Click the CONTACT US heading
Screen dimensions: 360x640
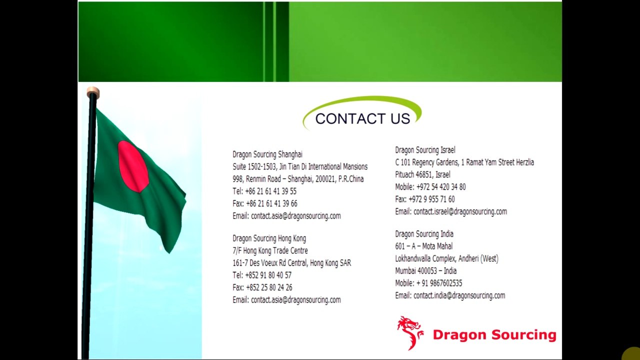pyautogui.click(x=362, y=118)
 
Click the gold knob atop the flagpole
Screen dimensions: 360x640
pyautogui.click(x=93, y=93)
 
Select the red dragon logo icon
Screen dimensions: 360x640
pyautogui.click(x=410, y=333)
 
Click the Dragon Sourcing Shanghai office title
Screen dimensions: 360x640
pyautogui.click(x=267, y=154)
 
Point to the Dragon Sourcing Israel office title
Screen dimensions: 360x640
pyautogui.click(x=425, y=150)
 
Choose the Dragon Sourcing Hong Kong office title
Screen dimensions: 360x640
pyautogui.click(x=269, y=238)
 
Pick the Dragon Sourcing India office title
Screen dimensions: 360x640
pyautogui.click(x=424, y=234)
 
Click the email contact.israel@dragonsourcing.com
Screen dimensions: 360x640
pyautogui.click(x=460, y=211)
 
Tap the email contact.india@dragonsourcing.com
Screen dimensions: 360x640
pyautogui.click(x=459, y=295)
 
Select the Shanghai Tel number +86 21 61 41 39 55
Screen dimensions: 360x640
pyautogui.click(x=270, y=191)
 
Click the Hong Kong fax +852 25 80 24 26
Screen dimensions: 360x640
pyautogui.click(x=269, y=287)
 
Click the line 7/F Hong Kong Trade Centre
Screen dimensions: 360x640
pyautogui.click(x=270, y=250)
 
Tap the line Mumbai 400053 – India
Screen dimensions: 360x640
pyautogui.click(x=425, y=271)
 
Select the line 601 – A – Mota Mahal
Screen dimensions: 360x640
pyautogui.click(x=423, y=246)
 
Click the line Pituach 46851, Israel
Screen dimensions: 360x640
pyautogui.click(x=422, y=174)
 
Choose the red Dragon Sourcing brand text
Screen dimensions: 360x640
pyautogui.click(x=494, y=334)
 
